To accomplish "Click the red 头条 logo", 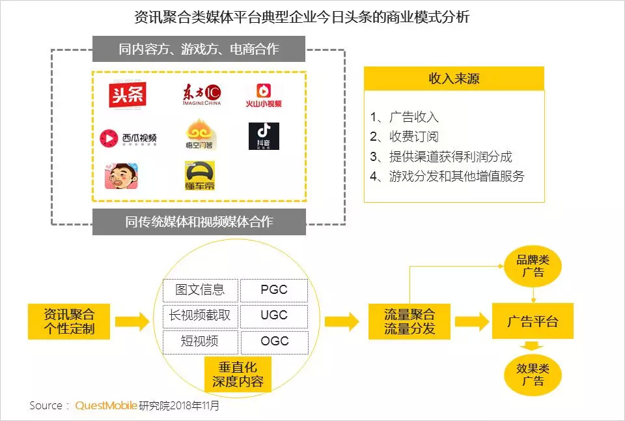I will [128, 96].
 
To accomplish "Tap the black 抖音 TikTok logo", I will [264, 136].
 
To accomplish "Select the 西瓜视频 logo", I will [128, 138].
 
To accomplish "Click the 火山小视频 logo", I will [264, 95].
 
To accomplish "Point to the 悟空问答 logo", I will [201, 135].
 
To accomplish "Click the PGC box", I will [273, 290].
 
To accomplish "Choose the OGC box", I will [273, 341].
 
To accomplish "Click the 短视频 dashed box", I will [200, 341].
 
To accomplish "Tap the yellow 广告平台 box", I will [533, 321].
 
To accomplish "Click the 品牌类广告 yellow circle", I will [533, 267].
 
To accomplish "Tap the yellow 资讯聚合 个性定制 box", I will [69, 321].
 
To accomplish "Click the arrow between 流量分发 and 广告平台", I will [471, 321].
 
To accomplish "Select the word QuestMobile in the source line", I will [106, 405].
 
